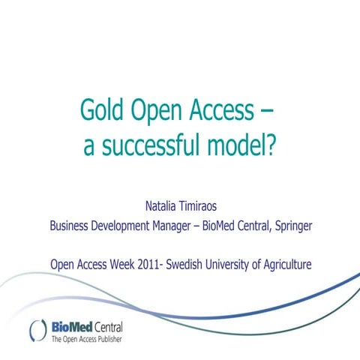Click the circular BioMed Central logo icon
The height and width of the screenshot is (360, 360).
[x=37, y=331]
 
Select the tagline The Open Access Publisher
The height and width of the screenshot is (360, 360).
[x=85, y=340]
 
